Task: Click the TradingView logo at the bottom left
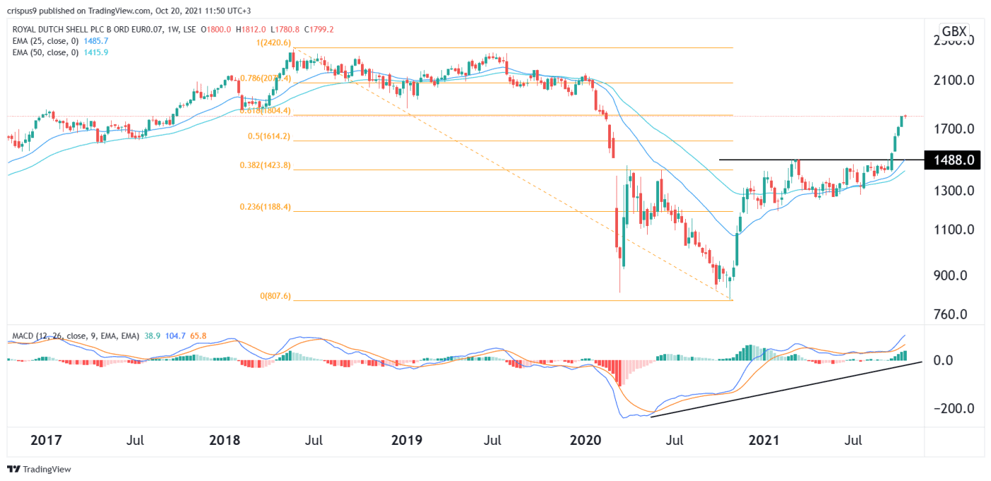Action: [39, 469]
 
